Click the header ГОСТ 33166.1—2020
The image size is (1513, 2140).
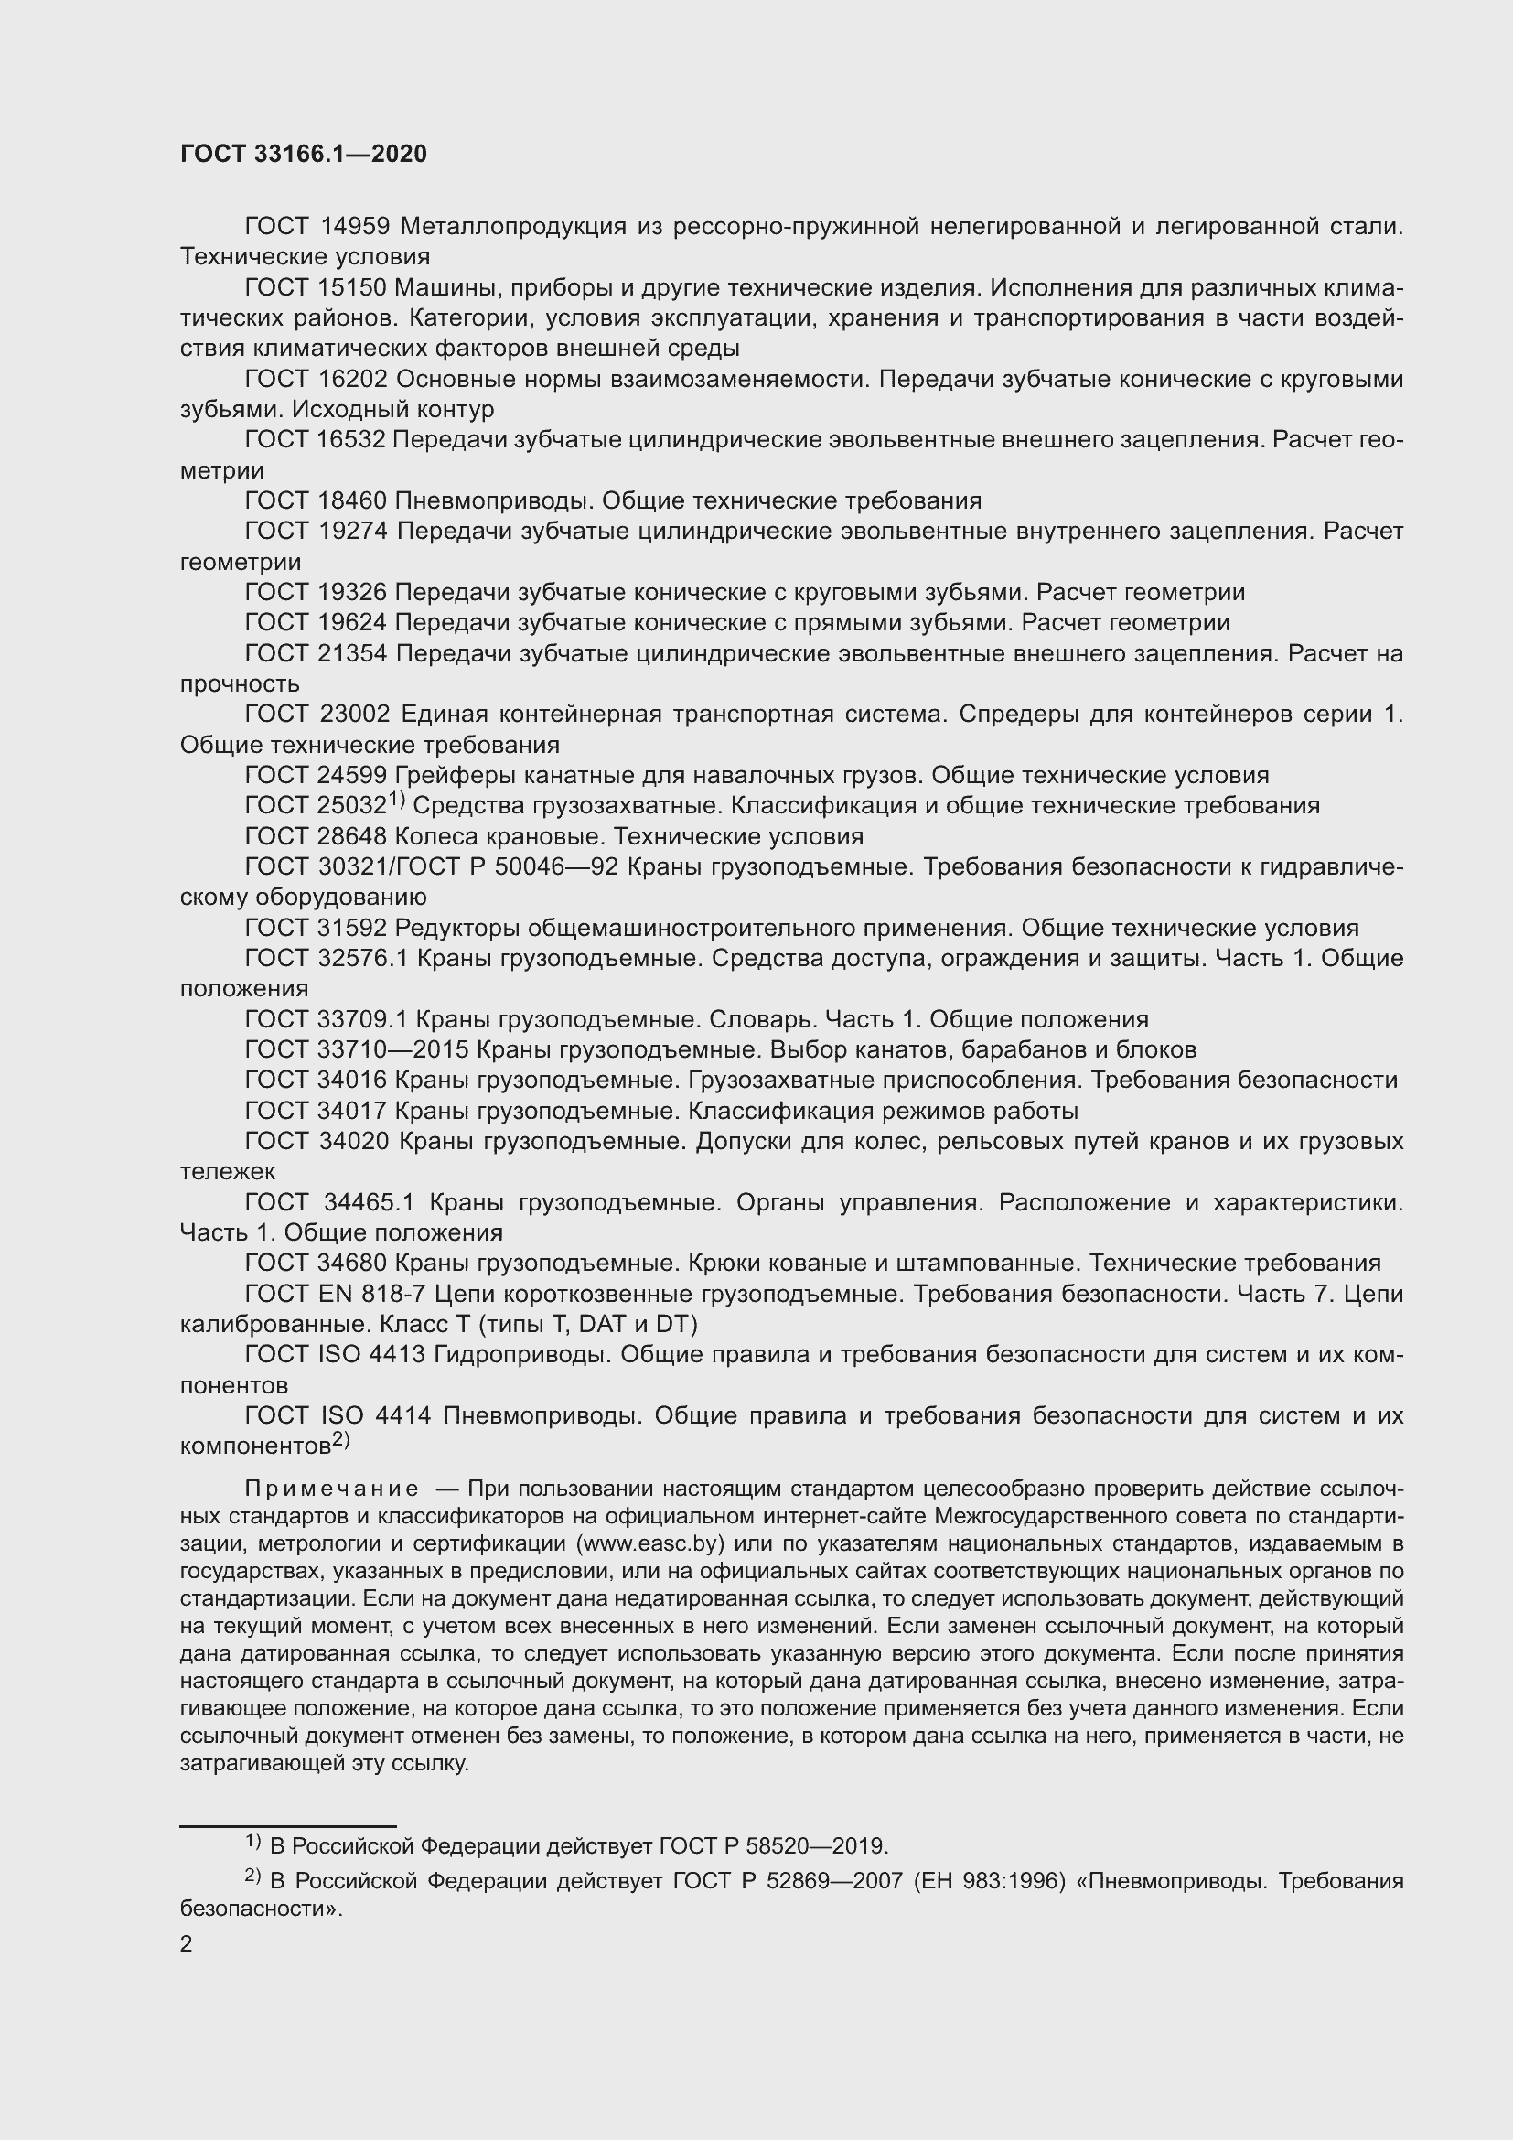pos(303,154)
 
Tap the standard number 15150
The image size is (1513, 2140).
pos(353,288)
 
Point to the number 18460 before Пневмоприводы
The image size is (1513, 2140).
pos(352,501)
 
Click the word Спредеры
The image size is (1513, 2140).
pos(1016,715)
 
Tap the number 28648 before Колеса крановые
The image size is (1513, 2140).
pos(352,836)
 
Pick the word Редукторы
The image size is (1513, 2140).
pos(456,929)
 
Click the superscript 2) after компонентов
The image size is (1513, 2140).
pos(340,1441)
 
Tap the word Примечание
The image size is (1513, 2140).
pos(332,1489)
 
